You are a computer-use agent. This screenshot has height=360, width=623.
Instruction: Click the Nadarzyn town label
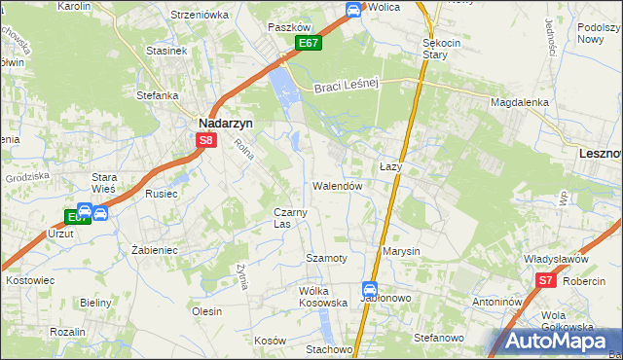(x=226, y=124)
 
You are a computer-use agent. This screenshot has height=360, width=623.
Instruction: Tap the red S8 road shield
(x=205, y=140)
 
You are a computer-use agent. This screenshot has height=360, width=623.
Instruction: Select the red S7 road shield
(x=545, y=281)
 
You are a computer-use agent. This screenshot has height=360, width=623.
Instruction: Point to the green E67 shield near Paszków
(x=309, y=44)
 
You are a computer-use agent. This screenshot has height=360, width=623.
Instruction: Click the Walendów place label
(x=338, y=185)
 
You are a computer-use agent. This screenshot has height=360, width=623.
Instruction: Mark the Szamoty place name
(x=326, y=258)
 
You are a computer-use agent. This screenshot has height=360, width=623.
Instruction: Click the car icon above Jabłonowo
(x=370, y=289)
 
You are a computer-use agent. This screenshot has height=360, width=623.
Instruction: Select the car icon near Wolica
(x=352, y=10)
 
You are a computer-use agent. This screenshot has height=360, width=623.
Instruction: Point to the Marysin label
(x=401, y=251)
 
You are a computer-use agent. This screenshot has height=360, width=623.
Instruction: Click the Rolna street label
(x=242, y=152)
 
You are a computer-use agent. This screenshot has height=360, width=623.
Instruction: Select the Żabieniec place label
(x=153, y=249)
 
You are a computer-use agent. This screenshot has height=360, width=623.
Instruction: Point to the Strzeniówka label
(x=199, y=15)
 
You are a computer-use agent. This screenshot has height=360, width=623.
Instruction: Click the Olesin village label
(x=207, y=311)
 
